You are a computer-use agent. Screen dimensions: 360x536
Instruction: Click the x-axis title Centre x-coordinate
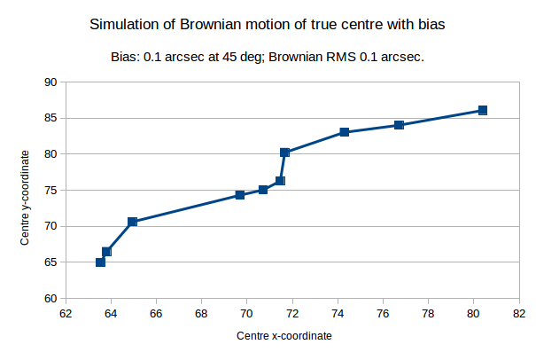284,337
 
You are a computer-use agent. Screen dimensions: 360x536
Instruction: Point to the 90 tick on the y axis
50,82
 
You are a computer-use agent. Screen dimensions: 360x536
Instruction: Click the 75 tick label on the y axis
50,191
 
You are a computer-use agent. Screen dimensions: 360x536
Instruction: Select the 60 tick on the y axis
50,299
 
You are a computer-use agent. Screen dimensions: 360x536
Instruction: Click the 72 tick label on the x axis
291,312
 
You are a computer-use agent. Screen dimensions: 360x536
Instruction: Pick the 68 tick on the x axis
201,312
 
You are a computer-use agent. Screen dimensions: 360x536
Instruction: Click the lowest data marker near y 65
100,262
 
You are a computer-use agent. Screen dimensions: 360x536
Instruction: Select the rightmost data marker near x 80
483,111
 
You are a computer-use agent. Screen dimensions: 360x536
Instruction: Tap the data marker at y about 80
285,153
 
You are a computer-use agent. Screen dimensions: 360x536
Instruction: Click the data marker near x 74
344,132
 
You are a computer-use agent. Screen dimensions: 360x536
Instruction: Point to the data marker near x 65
132,222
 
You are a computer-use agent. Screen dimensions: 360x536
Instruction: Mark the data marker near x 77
400,125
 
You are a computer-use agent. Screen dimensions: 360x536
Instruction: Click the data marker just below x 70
240,195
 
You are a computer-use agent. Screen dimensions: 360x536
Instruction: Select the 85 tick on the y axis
50,118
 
